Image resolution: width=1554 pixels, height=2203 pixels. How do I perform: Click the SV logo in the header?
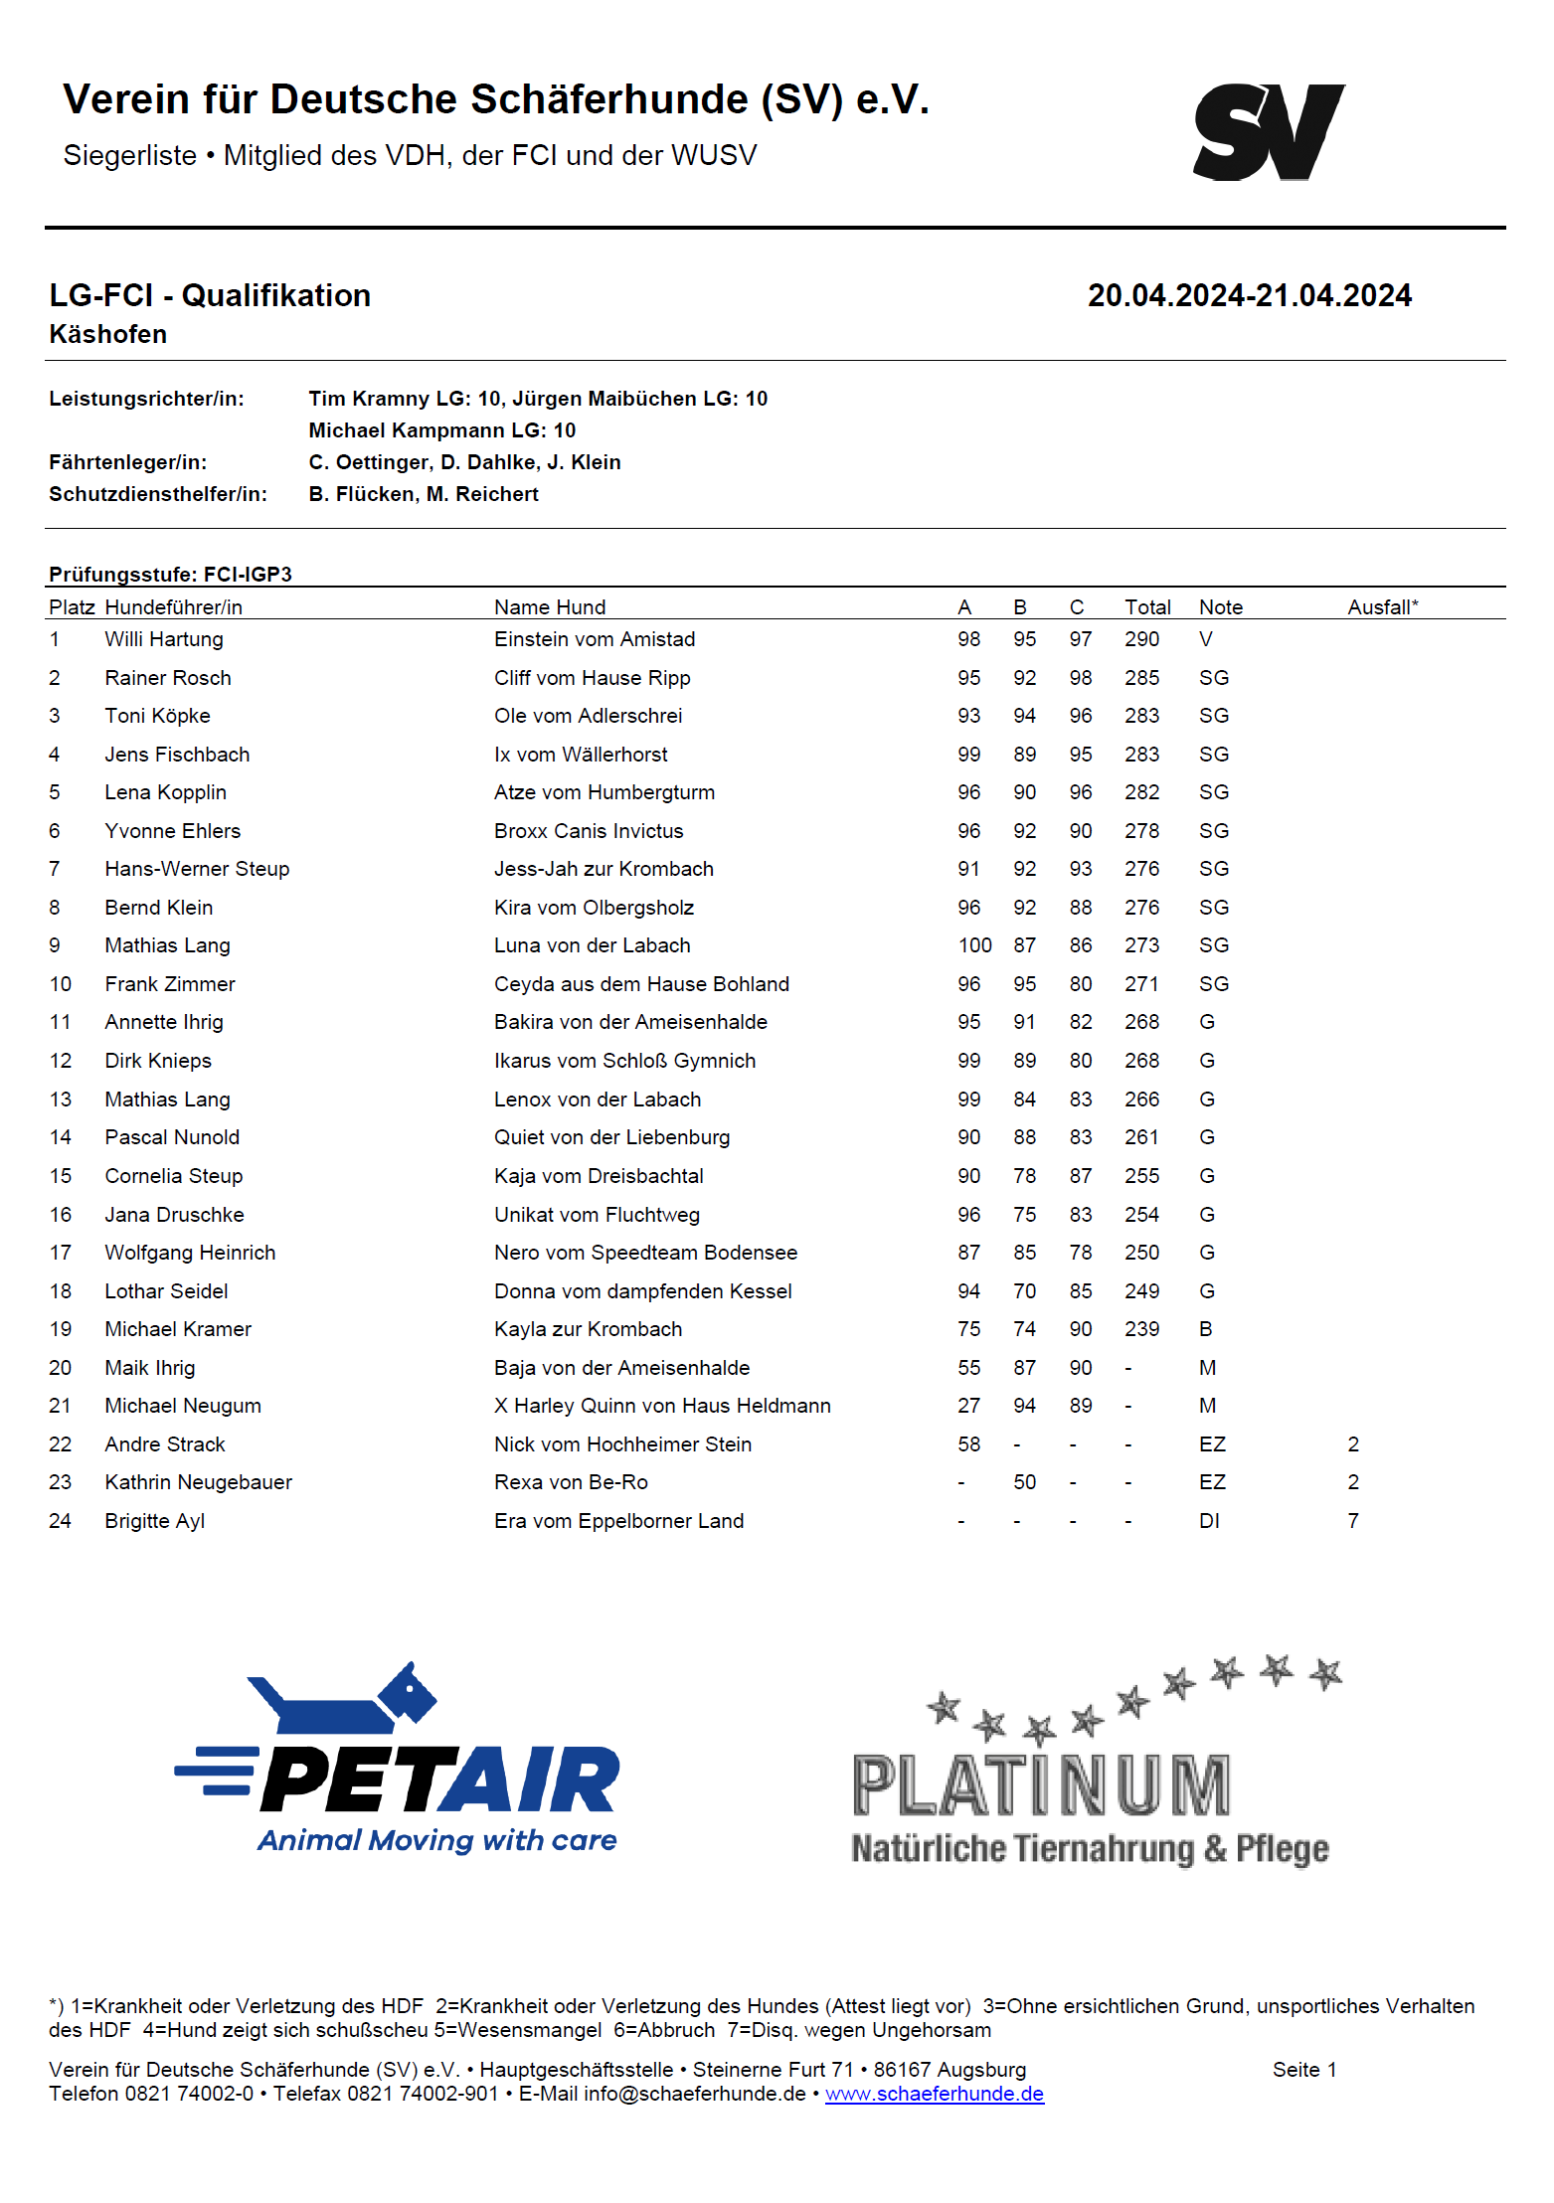tap(1269, 132)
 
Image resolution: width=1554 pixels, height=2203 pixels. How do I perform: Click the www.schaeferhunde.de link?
tap(934, 2094)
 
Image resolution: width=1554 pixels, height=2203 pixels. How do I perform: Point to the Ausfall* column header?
tap(1382, 607)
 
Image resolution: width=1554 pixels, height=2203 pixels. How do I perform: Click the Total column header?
tap(1147, 607)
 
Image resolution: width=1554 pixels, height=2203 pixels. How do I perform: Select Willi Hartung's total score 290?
tap(1141, 639)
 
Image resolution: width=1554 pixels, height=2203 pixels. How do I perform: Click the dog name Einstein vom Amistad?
tap(594, 639)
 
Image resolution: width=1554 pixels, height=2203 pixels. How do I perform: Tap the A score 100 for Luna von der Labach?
tap(974, 945)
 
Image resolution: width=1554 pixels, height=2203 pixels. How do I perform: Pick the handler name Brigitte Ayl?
tap(154, 1521)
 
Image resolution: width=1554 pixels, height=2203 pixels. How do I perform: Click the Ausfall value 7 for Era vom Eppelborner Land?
tap(1353, 1521)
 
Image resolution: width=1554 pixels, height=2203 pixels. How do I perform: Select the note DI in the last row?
tap(1209, 1521)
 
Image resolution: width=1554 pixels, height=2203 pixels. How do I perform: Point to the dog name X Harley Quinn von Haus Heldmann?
tap(662, 1406)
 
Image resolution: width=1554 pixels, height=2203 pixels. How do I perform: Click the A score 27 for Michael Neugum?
tap(968, 1406)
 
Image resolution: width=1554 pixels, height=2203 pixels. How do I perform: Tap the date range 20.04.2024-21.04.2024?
tap(1249, 295)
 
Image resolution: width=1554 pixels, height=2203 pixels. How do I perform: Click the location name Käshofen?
tap(107, 335)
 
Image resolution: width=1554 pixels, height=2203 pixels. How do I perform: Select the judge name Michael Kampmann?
tap(408, 430)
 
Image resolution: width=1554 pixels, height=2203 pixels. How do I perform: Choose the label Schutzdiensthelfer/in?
tap(158, 494)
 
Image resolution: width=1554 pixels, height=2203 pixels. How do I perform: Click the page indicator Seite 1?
tap(1303, 2070)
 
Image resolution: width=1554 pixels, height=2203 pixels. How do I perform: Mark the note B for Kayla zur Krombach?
tap(1205, 1329)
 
